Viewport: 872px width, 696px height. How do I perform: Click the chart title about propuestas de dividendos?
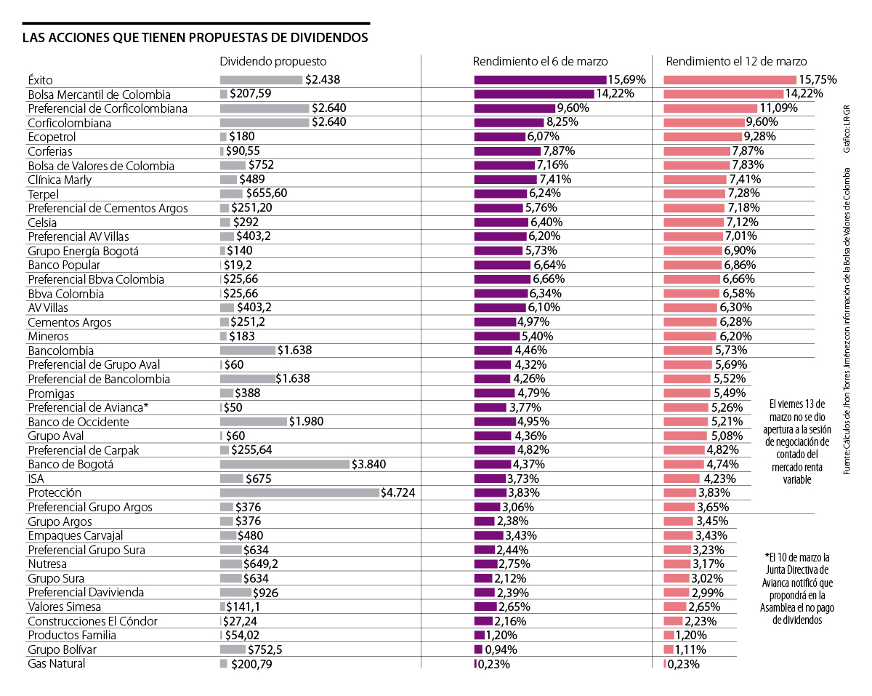[195, 37]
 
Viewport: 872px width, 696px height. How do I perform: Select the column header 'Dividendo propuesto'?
[273, 61]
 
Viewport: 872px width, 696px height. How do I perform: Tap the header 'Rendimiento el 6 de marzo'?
[540, 61]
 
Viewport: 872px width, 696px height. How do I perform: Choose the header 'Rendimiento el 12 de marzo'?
[736, 61]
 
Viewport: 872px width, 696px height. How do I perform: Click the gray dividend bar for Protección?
[299, 493]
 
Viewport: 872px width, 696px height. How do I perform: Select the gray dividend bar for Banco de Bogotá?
[285, 465]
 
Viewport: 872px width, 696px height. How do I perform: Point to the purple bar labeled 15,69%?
[540, 80]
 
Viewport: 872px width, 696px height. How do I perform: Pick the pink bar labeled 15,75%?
[730, 80]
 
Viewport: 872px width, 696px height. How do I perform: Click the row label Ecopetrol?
[52, 137]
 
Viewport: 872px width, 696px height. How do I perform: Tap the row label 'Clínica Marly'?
[60, 180]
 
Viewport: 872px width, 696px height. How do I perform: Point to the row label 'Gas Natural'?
[57, 663]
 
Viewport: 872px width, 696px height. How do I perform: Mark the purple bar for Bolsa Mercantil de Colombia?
[534, 94]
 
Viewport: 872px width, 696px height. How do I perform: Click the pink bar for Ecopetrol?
[702, 137]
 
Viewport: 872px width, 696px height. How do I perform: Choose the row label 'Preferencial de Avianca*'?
[89, 407]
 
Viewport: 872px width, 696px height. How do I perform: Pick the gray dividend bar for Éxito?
[261, 80]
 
